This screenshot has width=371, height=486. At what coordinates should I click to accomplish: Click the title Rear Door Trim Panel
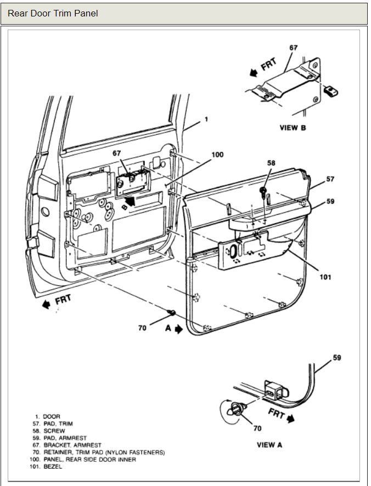point(53,13)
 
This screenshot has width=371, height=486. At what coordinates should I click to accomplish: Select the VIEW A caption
point(269,444)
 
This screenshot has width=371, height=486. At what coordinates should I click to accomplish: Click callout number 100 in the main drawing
point(217,155)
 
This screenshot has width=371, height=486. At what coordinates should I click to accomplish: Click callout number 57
point(330,179)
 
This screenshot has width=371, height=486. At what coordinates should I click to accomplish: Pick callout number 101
point(325,277)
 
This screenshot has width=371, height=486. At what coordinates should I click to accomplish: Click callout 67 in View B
point(294,48)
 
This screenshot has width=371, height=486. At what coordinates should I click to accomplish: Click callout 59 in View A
point(336,358)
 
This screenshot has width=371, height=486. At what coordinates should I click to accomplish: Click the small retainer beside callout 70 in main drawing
point(171,312)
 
